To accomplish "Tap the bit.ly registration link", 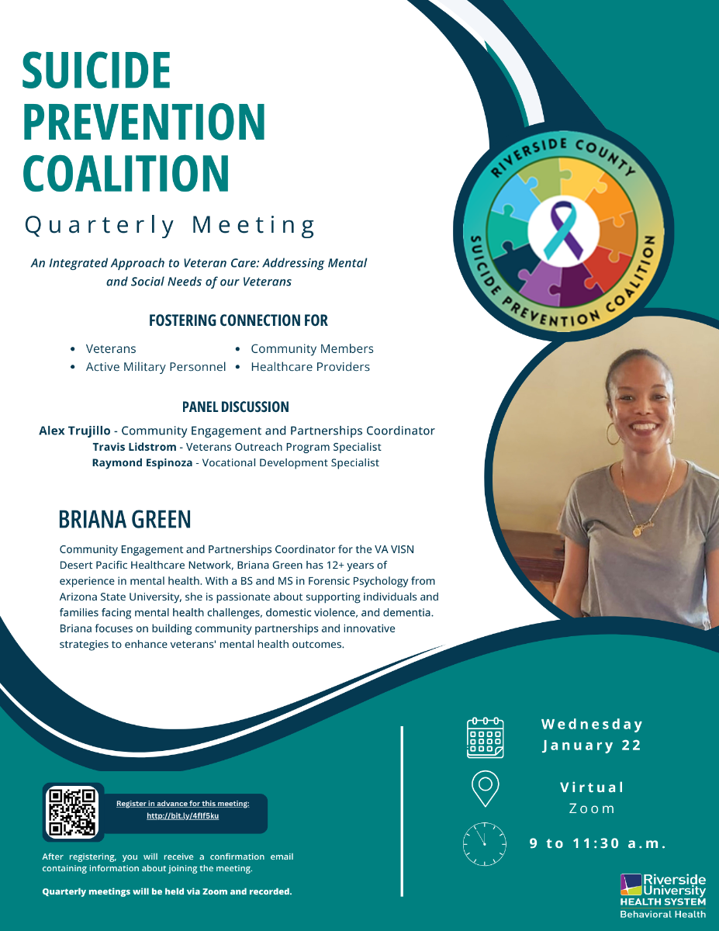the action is pyautogui.click(x=183, y=815).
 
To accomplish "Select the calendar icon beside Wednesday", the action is pyautogui.click(x=485, y=737).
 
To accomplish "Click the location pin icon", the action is pyautogui.click(x=485, y=788).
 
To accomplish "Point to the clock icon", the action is pyautogui.click(x=484, y=843).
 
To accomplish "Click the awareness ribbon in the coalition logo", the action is pyautogui.click(x=564, y=230).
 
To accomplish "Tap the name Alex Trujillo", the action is pyautogui.click(x=74, y=431).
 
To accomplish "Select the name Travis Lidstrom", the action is pyautogui.click(x=134, y=447).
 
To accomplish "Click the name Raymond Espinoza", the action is pyautogui.click(x=142, y=462).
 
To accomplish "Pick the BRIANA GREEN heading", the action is pyautogui.click(x=125, y=519).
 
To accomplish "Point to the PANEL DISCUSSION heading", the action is pyautogui.click(x=236, y=407).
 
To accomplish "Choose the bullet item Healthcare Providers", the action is pyautogui.click(x=310, y=367).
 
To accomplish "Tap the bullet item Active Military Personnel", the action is pyautogui.click(x=155, y=367).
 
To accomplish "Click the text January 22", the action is pyautogui.click(x=592, y=746).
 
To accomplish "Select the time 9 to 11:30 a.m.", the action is pyautogui.click(x=598, y=843).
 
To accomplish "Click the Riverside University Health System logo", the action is pyautogui.click(x=663, y=896).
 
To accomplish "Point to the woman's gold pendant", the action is pyautogui.click(x=638, y=531).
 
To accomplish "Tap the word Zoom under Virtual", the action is pyautogui.click(x=592, y=808).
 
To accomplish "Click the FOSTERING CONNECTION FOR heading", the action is pyautogui.click(x=238, y=320).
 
